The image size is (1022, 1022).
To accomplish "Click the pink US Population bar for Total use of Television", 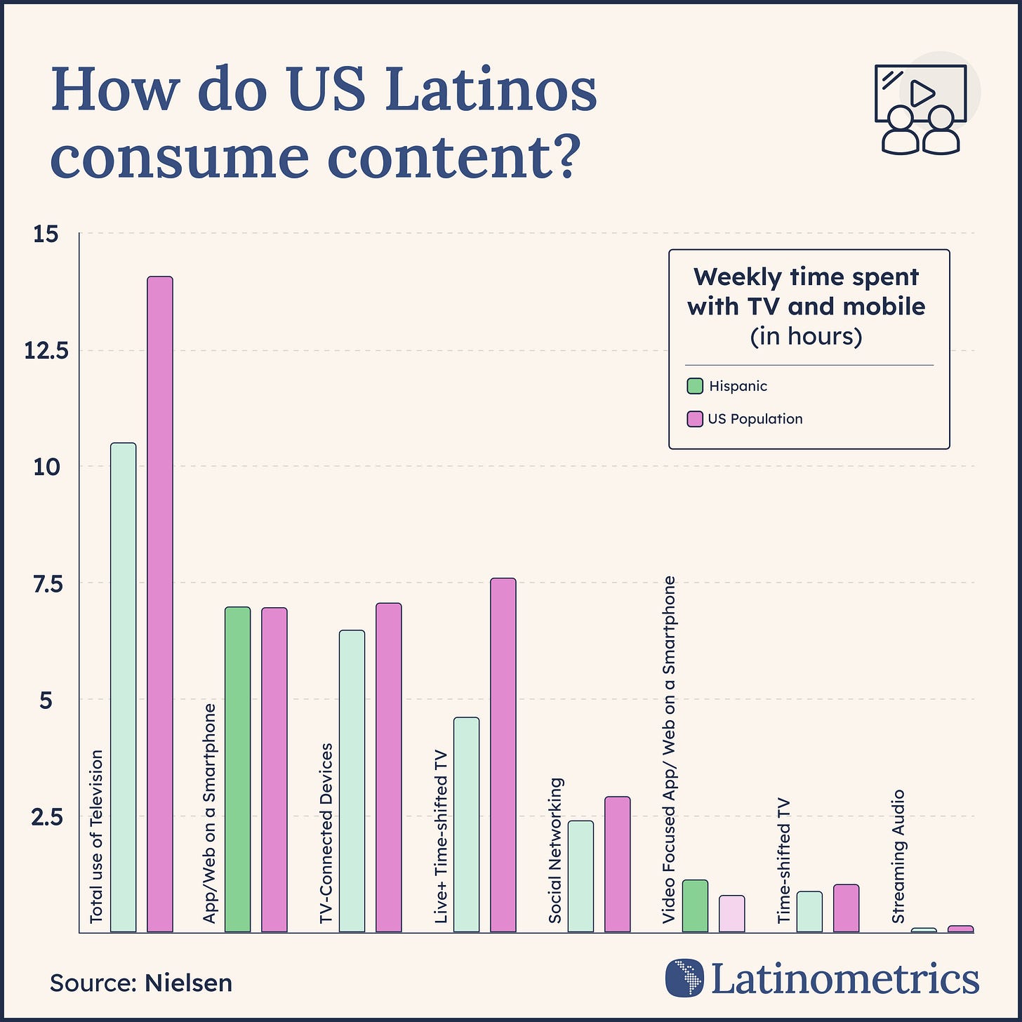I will pos(160,604).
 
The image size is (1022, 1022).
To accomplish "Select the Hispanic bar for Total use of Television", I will pos(124,687).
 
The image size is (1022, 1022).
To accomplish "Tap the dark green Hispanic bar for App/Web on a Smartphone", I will pos(238,769).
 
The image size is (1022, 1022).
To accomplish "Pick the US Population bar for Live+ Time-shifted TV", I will pos(503,755).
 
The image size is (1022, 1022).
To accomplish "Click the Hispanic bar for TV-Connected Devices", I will pos(352,781).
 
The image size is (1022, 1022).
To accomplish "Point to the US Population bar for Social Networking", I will pos(617,864).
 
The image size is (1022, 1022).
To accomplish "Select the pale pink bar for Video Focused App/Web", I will pos(731,913).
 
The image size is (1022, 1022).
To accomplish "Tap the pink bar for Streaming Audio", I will pos(960,929).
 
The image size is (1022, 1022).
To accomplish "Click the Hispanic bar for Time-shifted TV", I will pos(809,911).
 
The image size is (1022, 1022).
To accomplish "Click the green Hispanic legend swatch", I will pos(695,386).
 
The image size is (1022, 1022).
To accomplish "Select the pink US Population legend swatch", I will pos(695,419).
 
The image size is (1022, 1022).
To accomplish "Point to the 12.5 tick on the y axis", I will pos(46,350).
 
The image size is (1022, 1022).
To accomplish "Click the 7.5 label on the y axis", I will pos(46,583).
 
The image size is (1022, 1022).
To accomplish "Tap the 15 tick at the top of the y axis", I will pos(46,234).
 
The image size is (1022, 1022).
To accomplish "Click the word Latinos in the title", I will pos(490,92).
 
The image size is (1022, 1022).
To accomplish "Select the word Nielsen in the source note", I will pos(188,983).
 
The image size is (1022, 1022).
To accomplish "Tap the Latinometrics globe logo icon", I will pos(684,977).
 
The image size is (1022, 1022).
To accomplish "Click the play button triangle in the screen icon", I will pos(921,93).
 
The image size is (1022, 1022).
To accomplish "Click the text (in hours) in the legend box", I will pos(806,336).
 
